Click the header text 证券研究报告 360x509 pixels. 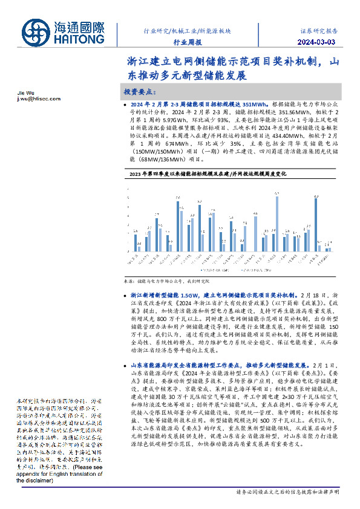click(x=319, y=30)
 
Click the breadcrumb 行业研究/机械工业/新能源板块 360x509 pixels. click(x=182, y=30)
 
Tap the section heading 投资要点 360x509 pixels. click(x=140, y=91)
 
